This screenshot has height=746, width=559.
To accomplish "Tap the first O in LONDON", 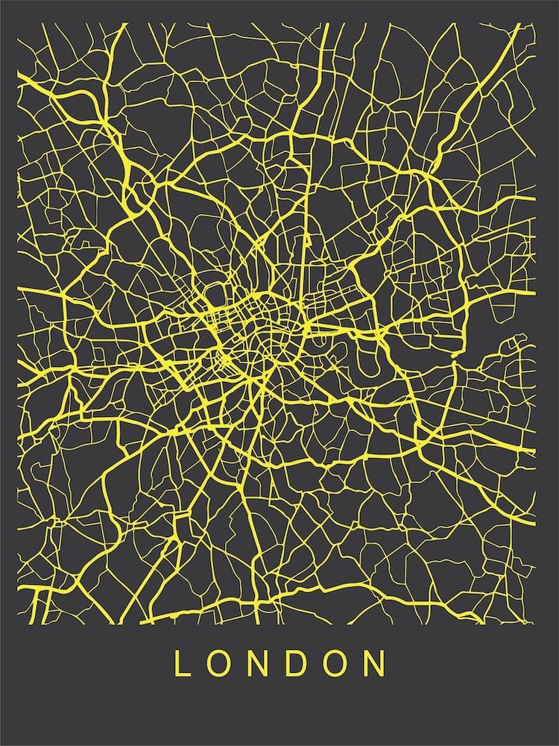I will pyautogui.click(x=217, y=663).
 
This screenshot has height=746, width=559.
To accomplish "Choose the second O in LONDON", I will pyautogui.click(x=335, y=663).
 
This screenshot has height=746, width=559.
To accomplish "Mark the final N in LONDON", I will pyautogui.click(x=376, y=663).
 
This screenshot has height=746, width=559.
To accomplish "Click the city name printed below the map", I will pyautogui.click(x=279, y=663).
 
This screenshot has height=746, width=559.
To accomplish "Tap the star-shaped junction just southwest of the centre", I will pyautogui.click(x=224, y=362).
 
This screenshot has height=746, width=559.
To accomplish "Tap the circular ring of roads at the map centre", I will pyautogui.click(x=261, y=313).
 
